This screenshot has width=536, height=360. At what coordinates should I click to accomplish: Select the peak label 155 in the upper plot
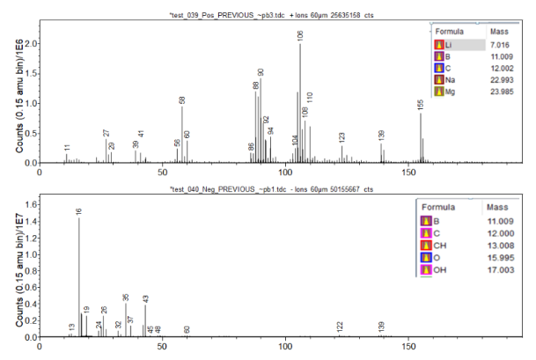point(421,105)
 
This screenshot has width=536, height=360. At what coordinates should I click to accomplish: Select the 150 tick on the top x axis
point(407,173)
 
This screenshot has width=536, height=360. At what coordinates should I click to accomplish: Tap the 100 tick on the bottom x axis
point(284,347)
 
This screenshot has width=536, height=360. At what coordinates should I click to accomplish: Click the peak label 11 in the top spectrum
point(67,148)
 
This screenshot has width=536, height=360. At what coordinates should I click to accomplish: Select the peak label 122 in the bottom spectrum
point(340,327)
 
